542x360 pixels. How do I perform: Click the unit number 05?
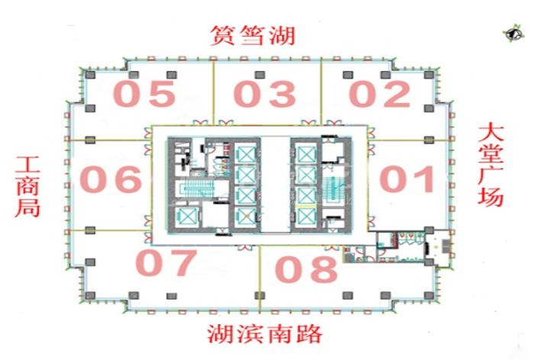pyautogui.click(x=144, y=94)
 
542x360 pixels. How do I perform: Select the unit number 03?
pyautogui.click(x=264, y=94)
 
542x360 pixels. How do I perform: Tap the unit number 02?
pyautogui.click(x=379, y=94)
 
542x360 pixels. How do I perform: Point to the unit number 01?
pyautogui.click(x=407, y=178)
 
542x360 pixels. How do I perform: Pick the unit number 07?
pyautogui.click(x=166, y=262)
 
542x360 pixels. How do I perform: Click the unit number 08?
pyautogui.click(x=306, y=268)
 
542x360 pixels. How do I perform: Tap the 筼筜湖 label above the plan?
pyautogui.click(x=253, y=35)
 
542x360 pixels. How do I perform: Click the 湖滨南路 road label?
pyautogui.click(x=265, y=334)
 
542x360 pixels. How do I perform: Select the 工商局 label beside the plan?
pyautogui.click(x=27, y=187)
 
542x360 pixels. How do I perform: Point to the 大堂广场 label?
pyautogui.click(x=491, y=166)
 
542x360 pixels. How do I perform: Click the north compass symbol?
pyautogui.click(x=513, y=34)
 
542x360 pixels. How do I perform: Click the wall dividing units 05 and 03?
pyautogui.click(x=213, y=92)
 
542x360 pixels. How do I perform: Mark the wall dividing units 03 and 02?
pyautogui.click(x=321, y=92)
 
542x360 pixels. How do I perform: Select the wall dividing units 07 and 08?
pyautogui.click(x=260, y=278)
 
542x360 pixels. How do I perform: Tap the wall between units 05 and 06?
pyautogui.click(x=107, y=140)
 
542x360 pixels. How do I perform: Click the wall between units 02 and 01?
pyautogui.click(x=411, y=140)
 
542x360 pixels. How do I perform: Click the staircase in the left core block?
pyautogui.click(x=195, y=189)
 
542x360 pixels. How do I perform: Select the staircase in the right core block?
pyautogui.click(x=334, y=188)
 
